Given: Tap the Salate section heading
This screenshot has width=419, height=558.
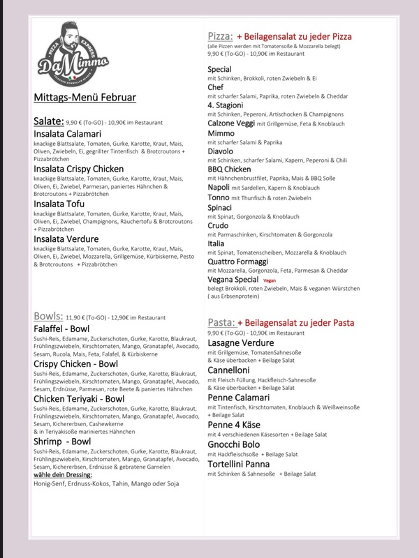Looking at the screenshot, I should coord(49,121).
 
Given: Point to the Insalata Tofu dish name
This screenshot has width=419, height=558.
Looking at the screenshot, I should coord(64,205).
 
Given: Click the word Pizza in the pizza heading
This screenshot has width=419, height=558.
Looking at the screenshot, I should coord(221,36).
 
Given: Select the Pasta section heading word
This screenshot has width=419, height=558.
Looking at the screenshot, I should coord(221,323).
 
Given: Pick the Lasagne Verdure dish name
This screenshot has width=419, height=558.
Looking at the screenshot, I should coord(245,342).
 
